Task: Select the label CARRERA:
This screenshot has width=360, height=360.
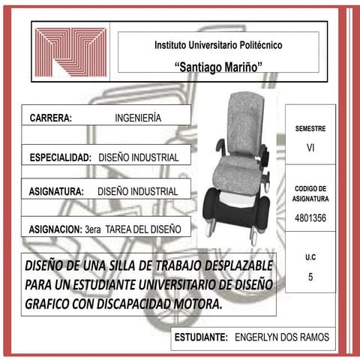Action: (x=51, y=118)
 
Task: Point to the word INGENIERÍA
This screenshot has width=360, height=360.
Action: (x=138, y=118)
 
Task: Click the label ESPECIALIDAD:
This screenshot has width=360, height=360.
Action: (x=60, y=158)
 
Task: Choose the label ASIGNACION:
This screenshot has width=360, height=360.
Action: (x=55, y=226)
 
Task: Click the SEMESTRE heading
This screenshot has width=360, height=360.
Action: (x=310, y=129)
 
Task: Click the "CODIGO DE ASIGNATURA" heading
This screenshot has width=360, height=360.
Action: (x=310, y=193)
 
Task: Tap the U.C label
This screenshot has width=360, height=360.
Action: (x=310, y=257)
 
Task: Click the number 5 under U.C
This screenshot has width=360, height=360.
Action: (x=310, y=277)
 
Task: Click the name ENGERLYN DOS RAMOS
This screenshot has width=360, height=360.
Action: (x=281, y=337)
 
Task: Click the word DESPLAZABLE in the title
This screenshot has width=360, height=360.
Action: (x=236, y=267)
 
